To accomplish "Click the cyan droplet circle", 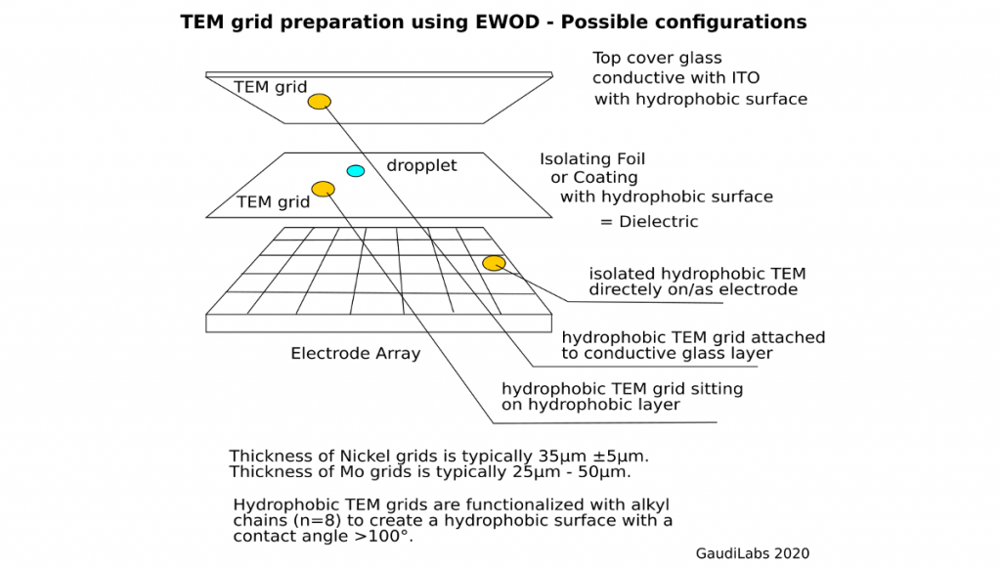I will point(356,171).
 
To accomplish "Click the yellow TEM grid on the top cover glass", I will point(320,102).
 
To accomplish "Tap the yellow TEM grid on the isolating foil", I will point(323,189).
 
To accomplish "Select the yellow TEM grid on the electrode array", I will point(494,263).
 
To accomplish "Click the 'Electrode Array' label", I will point(356,353).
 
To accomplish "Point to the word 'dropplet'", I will point(421,165).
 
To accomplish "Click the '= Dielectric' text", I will point(649,222).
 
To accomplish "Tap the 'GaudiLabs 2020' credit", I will point(752,553).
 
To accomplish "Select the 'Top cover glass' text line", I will point(657,58).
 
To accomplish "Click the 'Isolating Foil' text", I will point(592,158).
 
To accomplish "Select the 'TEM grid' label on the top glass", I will point(271,87).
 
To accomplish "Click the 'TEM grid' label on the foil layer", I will point(273,202).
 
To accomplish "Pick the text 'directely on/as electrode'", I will point(693,289).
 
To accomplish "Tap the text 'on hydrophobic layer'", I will point(590,405).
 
